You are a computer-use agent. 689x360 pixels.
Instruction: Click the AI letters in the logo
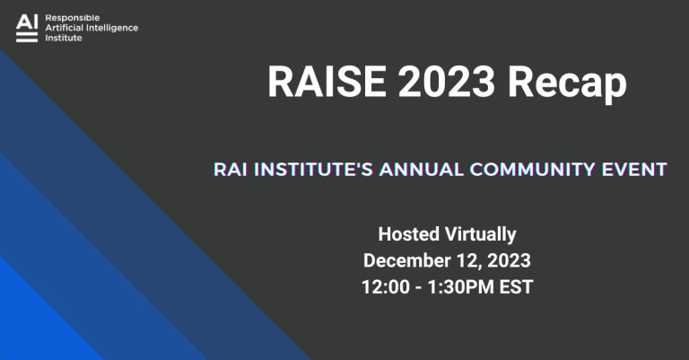27,21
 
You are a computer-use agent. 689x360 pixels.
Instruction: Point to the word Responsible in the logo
72,17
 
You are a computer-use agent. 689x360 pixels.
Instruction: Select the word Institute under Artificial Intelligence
63,39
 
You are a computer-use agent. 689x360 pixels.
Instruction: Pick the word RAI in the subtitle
231,169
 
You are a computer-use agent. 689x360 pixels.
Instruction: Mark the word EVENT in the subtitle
637,169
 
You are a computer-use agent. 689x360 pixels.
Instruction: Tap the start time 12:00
387,288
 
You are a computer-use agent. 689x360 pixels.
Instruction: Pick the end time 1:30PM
466,288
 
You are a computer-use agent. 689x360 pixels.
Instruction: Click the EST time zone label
517,288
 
